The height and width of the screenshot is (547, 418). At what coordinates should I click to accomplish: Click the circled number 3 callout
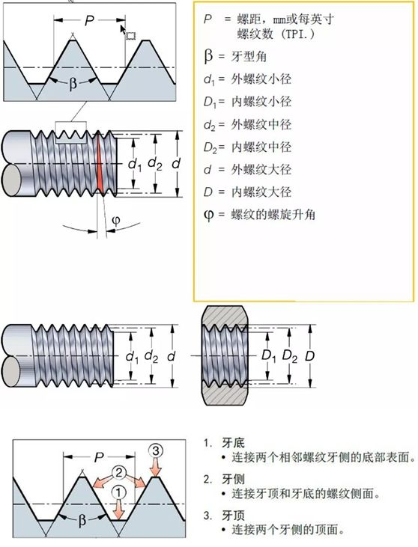(x=156, y=450)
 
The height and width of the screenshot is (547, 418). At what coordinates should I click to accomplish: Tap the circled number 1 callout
(x=118, y=493)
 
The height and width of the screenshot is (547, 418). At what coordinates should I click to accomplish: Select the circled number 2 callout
(x=118, y=473)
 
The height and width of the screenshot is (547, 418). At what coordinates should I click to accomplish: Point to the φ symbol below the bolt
(x=116, y=221)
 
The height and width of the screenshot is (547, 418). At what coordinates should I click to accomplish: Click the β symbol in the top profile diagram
(x=73, y=84)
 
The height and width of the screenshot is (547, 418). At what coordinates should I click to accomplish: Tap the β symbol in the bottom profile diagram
(x=82, y=520)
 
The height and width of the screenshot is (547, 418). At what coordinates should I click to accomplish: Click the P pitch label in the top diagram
(x=89, y=21)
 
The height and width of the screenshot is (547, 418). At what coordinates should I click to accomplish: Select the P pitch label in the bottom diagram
(x=99, y=457)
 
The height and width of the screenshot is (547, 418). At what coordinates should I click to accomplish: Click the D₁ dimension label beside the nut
(x=268, y=356)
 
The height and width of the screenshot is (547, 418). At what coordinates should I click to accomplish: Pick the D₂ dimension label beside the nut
(x=290, y=356)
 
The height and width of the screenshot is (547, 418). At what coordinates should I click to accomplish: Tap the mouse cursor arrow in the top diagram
(x=123, y=29)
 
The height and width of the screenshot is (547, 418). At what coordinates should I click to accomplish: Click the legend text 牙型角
(x=249, y=57)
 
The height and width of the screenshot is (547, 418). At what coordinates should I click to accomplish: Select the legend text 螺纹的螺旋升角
(x=273, y=214)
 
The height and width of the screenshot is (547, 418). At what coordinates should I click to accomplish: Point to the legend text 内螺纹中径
(x=261, y=147)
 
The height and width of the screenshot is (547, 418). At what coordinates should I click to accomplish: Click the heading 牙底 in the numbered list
(x=233, y=443)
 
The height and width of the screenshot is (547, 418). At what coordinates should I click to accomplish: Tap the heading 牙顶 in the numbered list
(x=233, y=516)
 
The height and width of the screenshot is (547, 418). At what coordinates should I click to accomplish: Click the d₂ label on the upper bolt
(x=155, y=163)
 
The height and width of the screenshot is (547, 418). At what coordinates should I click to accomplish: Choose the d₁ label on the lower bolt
(x=132, y=356)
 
